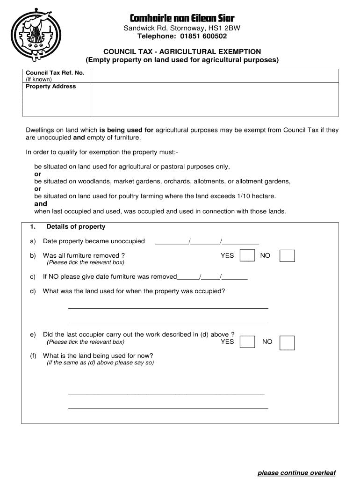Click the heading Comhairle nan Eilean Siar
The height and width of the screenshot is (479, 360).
(x=182, y=18)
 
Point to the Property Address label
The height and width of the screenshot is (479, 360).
(x=50, y=87)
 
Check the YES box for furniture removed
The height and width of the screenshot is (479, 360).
(x=247, y=255)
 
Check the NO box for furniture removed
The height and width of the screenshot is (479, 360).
(x=287, y=255)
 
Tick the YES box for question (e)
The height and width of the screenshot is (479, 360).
(x=247, y=342)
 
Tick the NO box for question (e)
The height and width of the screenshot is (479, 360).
(x=287, y=342)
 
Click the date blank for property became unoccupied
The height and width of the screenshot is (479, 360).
(x=207, y=241)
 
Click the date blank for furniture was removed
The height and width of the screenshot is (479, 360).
(x=213, y=276)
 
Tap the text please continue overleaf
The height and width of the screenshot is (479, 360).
(x=296, y=473)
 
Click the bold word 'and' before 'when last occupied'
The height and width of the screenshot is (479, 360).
(x=41, y=204)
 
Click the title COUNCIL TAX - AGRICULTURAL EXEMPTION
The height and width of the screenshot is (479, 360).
(x=182, y=51)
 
